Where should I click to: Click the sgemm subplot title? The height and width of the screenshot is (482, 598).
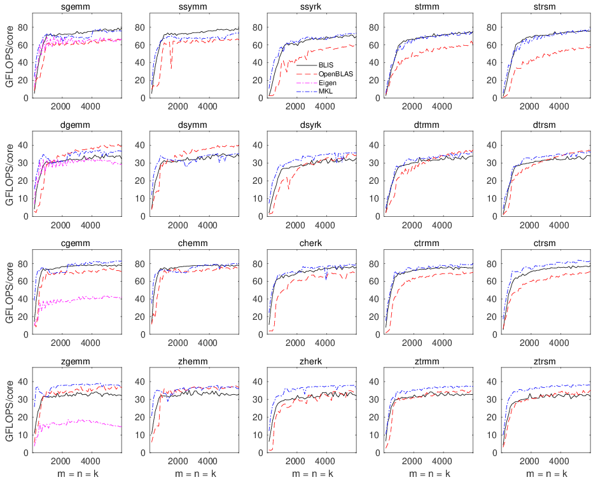point(76,6)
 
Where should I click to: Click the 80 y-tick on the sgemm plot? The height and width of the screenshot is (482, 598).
point(22,27)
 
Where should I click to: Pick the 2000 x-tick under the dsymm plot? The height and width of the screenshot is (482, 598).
point(178,224)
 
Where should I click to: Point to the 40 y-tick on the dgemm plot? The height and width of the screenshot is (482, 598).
point(22,146)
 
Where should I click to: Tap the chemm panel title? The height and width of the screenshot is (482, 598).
point(193,243)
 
